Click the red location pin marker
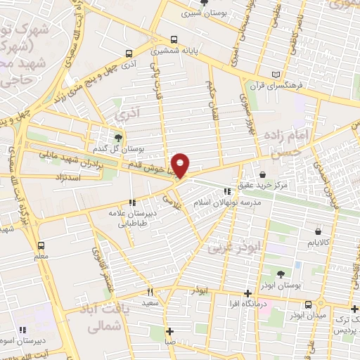click(181, 165)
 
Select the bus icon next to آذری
click(128, 53)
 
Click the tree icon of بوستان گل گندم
click(117, 138)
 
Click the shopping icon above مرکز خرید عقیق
click(262, 174)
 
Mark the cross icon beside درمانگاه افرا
click(247, 294)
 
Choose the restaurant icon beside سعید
click(150, 292)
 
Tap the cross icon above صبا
click(169, 331)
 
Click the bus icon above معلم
click(41, 245)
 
